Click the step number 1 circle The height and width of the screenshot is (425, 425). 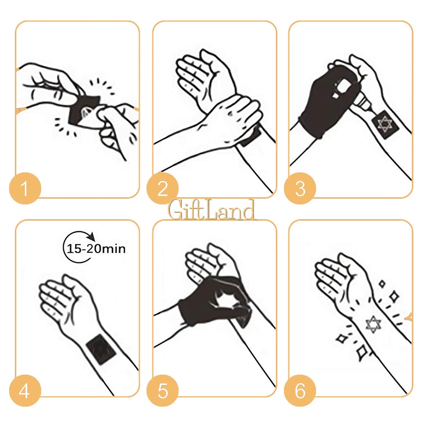pyautogui.click(x=25, y=188)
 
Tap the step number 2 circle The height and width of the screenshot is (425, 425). pyautogui.click(x=162, y=188)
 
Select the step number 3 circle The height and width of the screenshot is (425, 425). pyautogui.click(x=300, y=188)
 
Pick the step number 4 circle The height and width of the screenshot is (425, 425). pyautogui.click(x=25, y=391)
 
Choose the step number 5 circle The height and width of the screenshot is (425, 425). pyautogui.click(x=162, y=391)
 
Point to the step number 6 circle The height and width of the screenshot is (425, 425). pyautogui.click(x=300, y=391)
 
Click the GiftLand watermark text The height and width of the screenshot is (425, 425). pyautogui.click(x=212, y=210)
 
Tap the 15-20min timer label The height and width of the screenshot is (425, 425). pyautogui.click(x=96, y=249)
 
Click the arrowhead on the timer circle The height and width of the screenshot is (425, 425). pyautogui.click(x=92, y=236)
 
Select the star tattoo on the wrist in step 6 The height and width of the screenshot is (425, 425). pyautogui.click(x=373, y=324)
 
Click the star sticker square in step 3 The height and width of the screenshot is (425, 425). pyautogui.click(x=385, y=125)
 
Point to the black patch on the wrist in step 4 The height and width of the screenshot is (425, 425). pyautogui.click(x=101, y=349)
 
